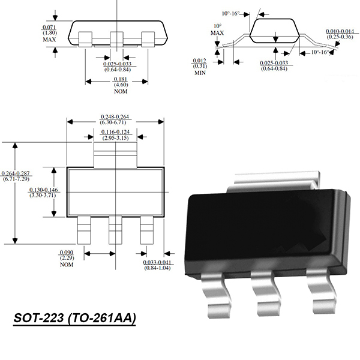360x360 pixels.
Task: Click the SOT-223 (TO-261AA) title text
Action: click(74, 319)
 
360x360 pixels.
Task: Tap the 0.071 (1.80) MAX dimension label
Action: click(49, 34)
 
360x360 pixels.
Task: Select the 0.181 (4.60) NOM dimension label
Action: click(121, 85)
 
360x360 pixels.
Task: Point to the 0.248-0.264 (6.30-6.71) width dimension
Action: click(115, 119)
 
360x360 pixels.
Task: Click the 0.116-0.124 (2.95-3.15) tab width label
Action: click(115, 135)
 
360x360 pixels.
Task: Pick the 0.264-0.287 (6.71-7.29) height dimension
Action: click(16, 176)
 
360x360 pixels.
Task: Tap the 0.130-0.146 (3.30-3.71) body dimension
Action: click(43, 193)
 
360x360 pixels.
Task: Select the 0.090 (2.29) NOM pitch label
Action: click(67, 259)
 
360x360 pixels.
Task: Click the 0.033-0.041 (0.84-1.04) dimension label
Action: click(157, 265)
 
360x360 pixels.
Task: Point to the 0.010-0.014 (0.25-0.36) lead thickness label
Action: click(340, 34)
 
